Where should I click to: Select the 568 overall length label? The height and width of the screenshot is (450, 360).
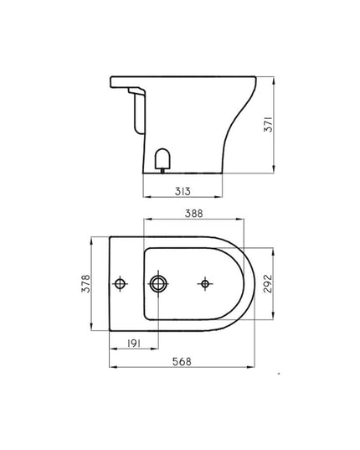coord(181,362)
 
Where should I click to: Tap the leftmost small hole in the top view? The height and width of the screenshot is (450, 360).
coord(122,284)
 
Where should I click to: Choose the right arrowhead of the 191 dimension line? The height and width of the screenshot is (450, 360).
coord(155,351)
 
